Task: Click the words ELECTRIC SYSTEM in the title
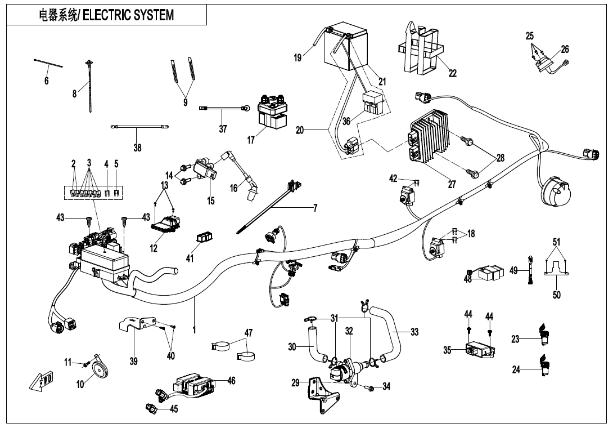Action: pyautogui.click(x=129, y=15)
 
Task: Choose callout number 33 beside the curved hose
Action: pyautogui.click(x=414, y=332)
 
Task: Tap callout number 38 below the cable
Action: pyautogui.click(x=138, y=148)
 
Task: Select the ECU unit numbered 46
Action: pyautogui.click(x=194, y=385)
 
